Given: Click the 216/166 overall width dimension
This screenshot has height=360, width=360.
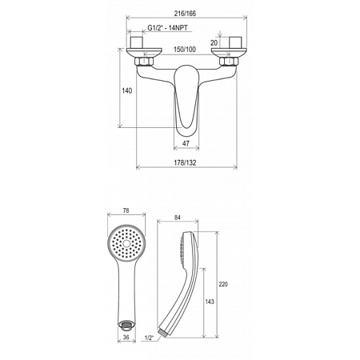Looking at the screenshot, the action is [x=185, y=14].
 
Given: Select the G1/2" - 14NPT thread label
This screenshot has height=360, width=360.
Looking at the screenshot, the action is [x=167, y=28].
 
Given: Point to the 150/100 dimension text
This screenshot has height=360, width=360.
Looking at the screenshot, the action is [x=185, y=50].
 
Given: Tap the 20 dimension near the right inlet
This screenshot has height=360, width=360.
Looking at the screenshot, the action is [x=214, y=42].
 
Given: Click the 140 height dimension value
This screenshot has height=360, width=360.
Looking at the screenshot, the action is [x=127, y=90].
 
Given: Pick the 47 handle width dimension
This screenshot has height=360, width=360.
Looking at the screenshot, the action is [x=186, y=143].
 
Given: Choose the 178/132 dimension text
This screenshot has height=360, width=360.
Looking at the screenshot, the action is [x=185, y=162].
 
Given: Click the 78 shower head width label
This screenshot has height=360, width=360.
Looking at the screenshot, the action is [x=126, y=210].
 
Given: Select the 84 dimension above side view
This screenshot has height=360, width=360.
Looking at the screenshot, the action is [x=178, y=218].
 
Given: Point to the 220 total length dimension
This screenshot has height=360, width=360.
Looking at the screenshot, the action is [x=223, y=284].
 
